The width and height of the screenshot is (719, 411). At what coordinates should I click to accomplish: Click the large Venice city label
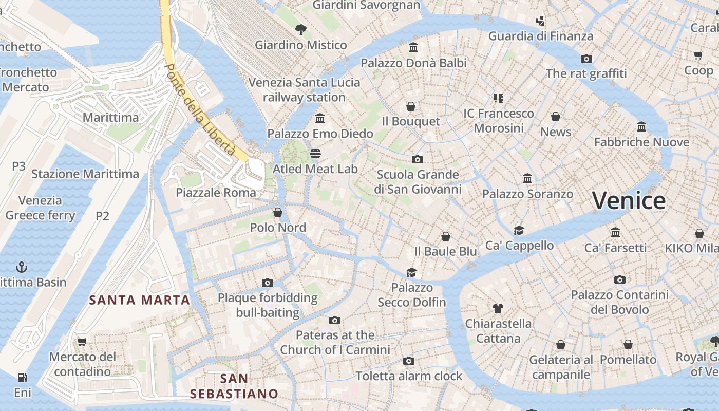[x=629, y=200]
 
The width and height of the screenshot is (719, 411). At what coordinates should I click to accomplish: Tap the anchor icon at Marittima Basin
[x=22, y=267]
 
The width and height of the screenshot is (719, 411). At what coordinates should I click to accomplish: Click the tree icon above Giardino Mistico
[x=301, y=30]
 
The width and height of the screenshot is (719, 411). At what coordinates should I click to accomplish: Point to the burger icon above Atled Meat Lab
[x=315, y=154]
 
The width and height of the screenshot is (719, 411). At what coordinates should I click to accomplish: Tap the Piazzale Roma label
[x=216, y=193]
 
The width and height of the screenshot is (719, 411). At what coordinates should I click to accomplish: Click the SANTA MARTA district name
[x=140, y=300]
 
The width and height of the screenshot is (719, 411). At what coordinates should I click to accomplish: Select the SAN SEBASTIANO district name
[x=234, y=386]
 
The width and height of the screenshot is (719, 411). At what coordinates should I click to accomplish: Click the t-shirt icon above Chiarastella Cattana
[x=498, y=308]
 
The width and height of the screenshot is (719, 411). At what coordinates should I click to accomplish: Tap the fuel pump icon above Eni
[x=22, y=378]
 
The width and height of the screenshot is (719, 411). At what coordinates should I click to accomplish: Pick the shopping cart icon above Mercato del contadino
[x=82, y=342]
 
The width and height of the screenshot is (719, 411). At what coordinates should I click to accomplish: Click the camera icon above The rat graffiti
[x=586, y=59]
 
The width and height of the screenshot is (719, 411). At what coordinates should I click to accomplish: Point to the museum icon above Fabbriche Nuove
[x=641, y=126]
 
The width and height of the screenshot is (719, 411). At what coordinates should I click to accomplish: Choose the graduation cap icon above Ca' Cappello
[x=519, y=230]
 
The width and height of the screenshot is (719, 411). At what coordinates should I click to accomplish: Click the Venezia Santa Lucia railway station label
[x=305, y=89]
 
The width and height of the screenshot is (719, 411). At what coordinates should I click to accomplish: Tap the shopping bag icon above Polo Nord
[x=278, y=212]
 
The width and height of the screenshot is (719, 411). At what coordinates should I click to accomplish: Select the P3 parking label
[x=18, y=166]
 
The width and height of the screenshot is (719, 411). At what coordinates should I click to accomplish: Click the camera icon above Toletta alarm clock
[x=409, y=361]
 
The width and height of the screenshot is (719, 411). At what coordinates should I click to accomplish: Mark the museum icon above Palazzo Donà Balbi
[x=413, y=48]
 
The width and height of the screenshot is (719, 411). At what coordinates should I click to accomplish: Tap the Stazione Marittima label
[x=85, y=174]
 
